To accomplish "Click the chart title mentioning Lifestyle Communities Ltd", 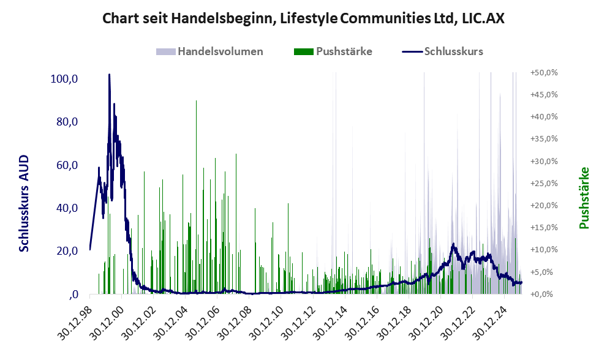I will click(x=303, y=19).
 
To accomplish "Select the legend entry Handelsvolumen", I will click(x=220, y=51).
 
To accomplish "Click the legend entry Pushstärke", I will click(x=344, y=51).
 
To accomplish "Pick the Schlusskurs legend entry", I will click(x=453, y=51).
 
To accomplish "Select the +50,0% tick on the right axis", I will click(x=543, y=72).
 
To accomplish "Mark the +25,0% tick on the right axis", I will click(x=543, y=183).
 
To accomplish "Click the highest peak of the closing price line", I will click(x=109, y=75).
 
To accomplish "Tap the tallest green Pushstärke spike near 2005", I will click(x=196, y=101).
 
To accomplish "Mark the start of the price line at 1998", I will click(x=90, y=249).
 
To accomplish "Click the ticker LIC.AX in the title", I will click(x=481, y=19).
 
